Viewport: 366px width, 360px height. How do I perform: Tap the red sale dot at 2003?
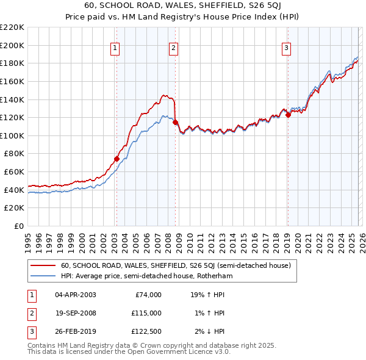[116, 159]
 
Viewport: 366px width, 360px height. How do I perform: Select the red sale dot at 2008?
[175, 123]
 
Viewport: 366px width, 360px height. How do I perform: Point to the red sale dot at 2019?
[288, 115]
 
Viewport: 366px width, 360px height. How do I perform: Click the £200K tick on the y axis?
[12, 45]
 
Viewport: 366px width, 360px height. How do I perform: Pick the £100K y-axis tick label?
[12, 135]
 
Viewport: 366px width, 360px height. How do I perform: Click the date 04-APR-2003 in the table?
[75, 295]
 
